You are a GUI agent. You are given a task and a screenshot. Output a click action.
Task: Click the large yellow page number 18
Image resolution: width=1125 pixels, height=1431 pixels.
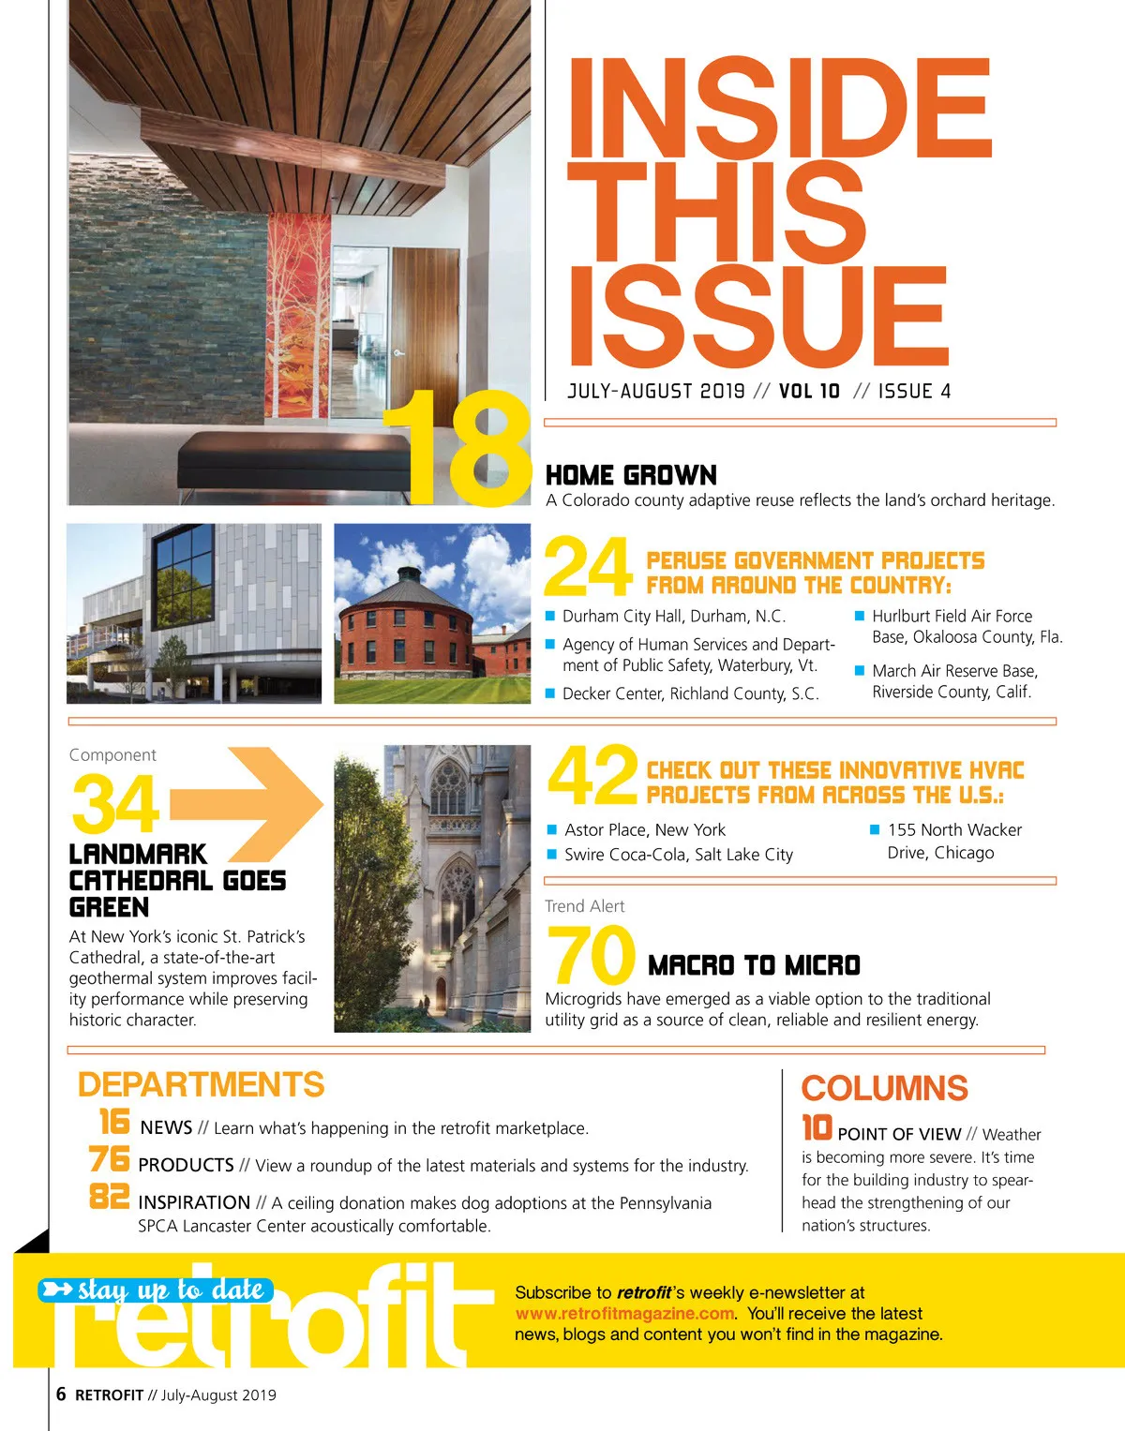[459, 447]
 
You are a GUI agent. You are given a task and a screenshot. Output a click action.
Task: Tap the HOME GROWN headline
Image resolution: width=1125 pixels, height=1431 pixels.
[631, 475]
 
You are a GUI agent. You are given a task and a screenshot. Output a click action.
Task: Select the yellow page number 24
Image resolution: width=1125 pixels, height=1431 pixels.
[588, 567]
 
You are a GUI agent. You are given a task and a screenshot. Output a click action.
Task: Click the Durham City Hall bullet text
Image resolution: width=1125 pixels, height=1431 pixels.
[673, 616]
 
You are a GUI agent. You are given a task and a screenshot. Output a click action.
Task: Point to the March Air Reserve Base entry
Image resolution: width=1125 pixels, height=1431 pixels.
[953, 681]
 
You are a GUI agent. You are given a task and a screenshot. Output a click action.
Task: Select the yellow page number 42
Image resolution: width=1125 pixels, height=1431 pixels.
[592, 776]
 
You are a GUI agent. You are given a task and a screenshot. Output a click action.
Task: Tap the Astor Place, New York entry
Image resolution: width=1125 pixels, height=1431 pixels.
[644, 829]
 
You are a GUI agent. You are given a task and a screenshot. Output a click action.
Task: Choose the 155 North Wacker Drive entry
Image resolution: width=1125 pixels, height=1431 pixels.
[953, 841]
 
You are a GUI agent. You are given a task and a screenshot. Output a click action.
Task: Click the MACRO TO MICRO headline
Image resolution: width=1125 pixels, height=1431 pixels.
[754, 965]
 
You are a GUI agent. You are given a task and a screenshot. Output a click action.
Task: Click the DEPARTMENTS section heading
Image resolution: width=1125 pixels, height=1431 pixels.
[201, 1084]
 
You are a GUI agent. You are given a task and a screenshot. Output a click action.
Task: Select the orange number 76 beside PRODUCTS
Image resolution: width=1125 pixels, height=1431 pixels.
[110, 1160]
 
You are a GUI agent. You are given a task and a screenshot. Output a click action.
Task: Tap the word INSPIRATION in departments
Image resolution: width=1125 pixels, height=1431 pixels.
[194, 1202]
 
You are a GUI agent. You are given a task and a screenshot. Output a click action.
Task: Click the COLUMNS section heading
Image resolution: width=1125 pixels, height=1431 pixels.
[884, 1088]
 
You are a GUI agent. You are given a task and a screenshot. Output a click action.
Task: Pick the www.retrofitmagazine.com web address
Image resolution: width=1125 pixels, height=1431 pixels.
[624, 1313]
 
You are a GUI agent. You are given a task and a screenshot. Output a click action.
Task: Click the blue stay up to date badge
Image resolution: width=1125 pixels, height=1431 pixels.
[157, 1290]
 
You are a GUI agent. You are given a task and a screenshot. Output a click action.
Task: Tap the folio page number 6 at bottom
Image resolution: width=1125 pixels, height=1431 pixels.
[61, 1394]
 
